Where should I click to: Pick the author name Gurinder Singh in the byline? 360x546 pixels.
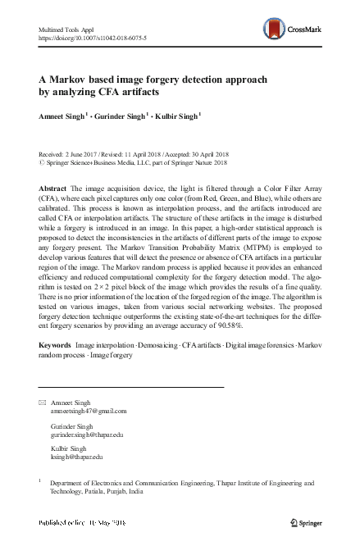pyautogui.click(x=121, y=116)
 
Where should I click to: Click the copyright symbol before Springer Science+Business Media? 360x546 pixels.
pyautogui.click(x=43, y=162)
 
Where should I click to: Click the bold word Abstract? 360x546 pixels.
pyautogui.click(x=54, y=189)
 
